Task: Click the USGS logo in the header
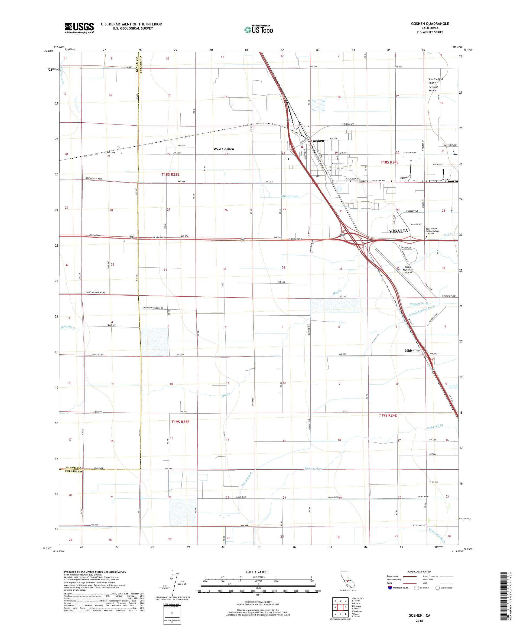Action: pyautogui.click(x=79, y=28)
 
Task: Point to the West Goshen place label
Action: pyautogui.click(x=223, y=149)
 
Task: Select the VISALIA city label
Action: pyautogui.click(x=398, y=231)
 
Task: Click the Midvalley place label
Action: pyautogui.click(x=412, y=350)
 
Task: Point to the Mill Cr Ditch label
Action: pyautogui.click(x=290, y=197)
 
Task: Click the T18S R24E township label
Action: pyautogui.click(x=389, y=162)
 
